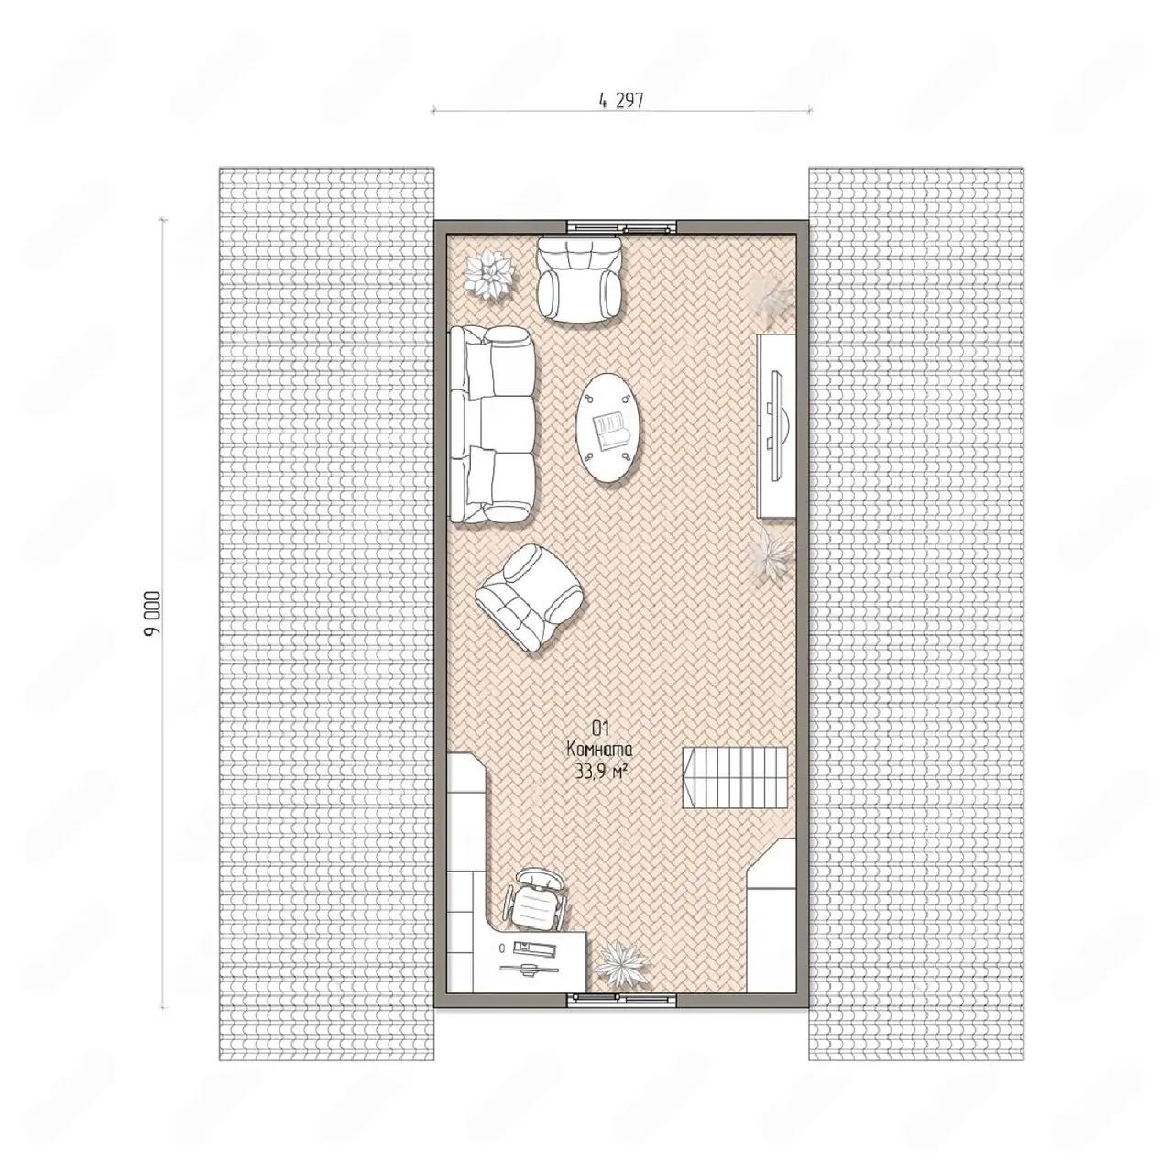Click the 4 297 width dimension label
click(621, 101)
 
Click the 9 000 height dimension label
click(152, 613)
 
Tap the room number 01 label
click(601, 728)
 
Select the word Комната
click(599, 750)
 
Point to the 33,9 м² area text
click(601, 773)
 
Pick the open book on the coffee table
click(610, 431)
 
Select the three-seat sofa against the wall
click(492, 424)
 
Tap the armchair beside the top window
click(579, 279)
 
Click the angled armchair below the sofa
click(529, 597)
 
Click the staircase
click(735, 777)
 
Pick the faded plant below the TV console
click(771, 554)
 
